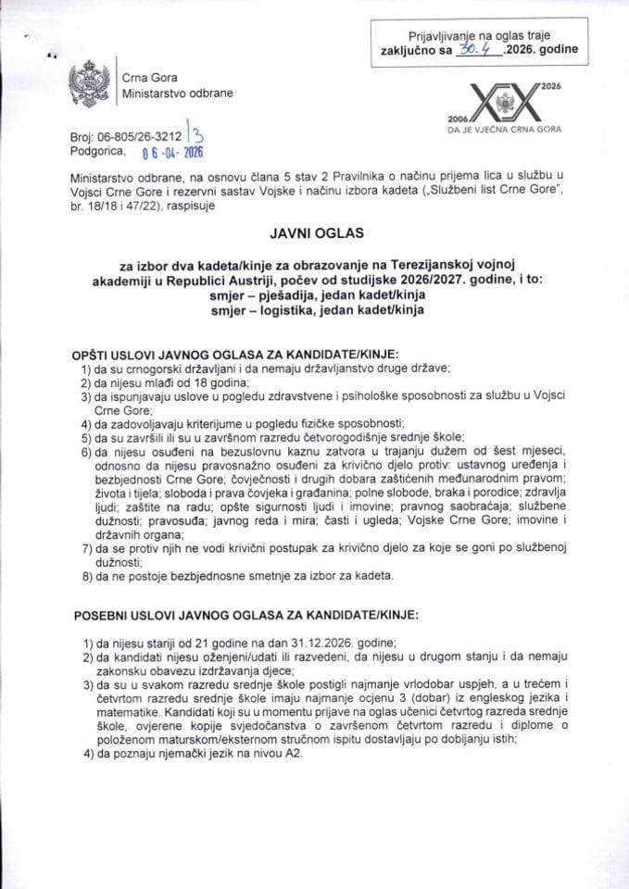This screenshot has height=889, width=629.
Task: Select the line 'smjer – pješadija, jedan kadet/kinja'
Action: [x=313, y=294]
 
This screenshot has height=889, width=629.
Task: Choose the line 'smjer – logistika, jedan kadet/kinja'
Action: [x=313, y=310]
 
